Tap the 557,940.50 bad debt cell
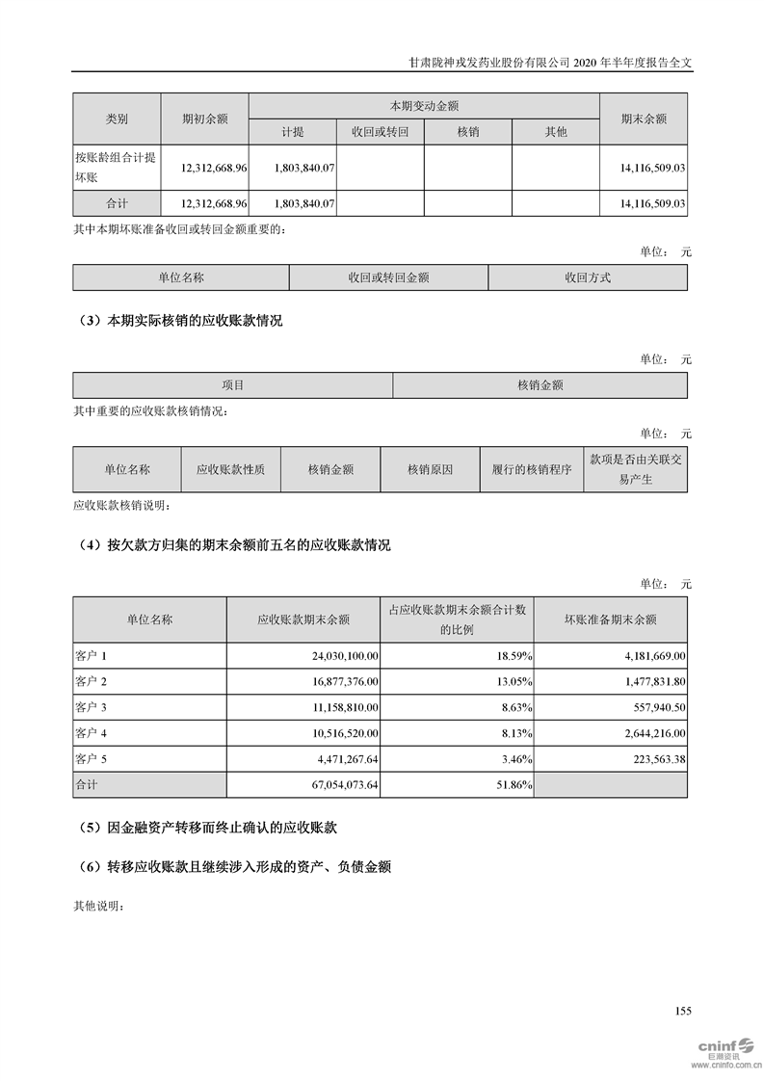(x=652, y=706)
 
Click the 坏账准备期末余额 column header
(x=610, y=620)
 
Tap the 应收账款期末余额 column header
(x=303, y=620)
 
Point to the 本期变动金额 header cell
(x=423, y=106)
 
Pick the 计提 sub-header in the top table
(x=293, y=132)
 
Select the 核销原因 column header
(x=431, y=470)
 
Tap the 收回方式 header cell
(x=588, y=277)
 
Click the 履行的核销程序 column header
(x=532, y=470)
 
